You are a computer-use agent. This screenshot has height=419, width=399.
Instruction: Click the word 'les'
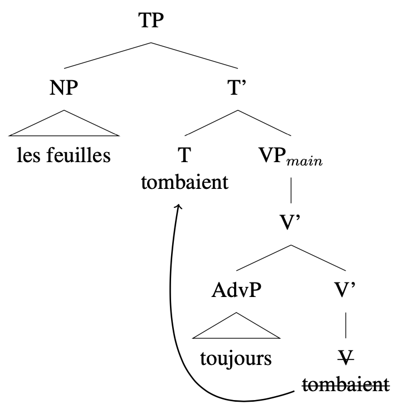[x=27, y=155]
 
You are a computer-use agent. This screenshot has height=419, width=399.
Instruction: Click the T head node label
[x=185, y=155]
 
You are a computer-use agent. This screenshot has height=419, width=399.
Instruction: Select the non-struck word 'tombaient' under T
[x=185, y=181]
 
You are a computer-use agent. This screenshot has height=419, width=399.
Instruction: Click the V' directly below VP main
[x=291, y=223]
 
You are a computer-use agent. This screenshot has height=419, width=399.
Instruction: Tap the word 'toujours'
[x=236, y=358]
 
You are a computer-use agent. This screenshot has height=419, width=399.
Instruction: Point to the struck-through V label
[x=347, y=358]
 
